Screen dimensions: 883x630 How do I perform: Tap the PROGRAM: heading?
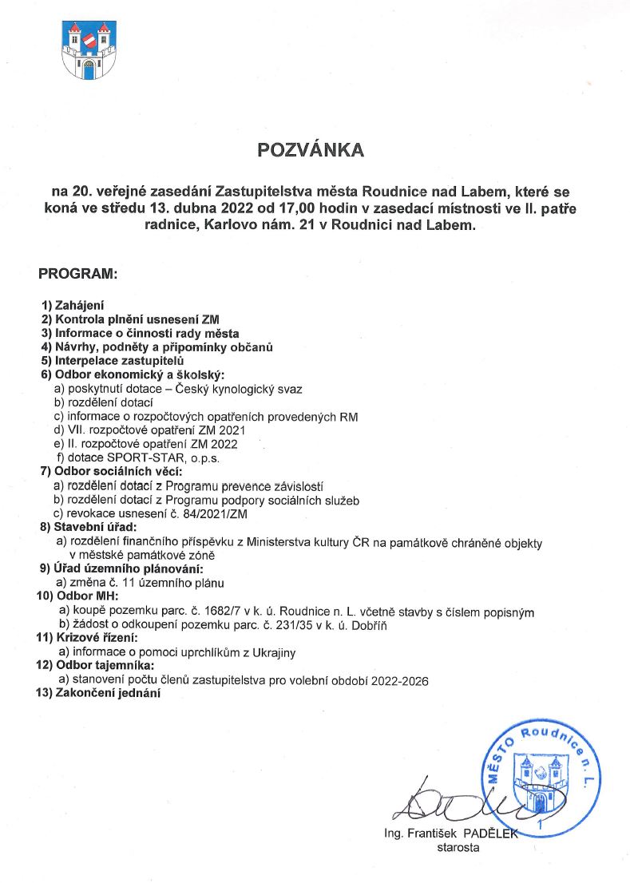coord(78,274)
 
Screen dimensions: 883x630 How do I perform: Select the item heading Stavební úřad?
coord(89,528)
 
